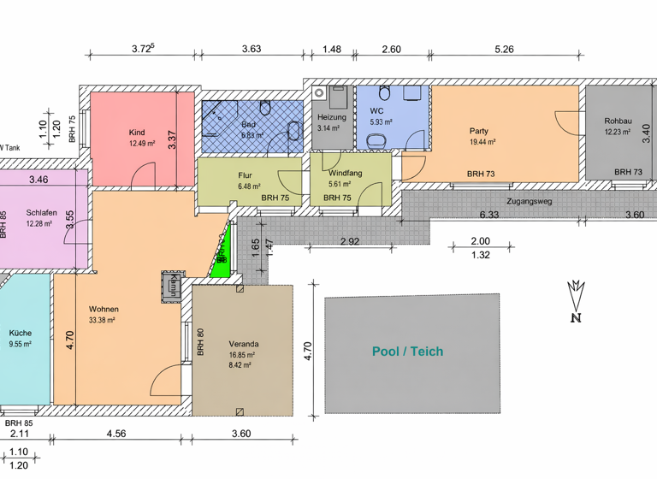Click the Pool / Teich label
click(407, 352)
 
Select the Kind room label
click(136, 133)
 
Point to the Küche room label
click(21, 333)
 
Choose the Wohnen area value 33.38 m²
click(102, 321)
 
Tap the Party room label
click(478, 131)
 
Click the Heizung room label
click(331, 116)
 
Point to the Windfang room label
click(345, 173)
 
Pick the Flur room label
click(246, 174)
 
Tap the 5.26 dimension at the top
click(505, 49)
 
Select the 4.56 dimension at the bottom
click(115, 434)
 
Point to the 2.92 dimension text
click(349, 242)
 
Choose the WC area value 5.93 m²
click(382, 122)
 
